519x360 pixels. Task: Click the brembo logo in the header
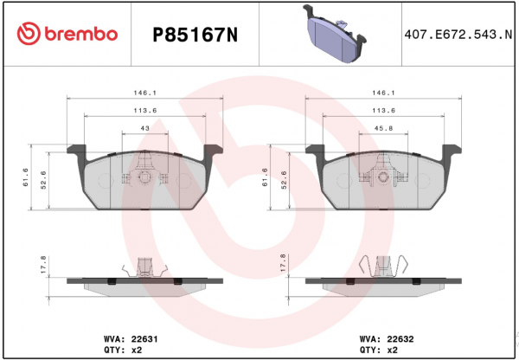67,34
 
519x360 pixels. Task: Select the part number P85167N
195,35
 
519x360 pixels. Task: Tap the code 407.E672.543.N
458,35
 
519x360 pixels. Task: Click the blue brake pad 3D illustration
335,33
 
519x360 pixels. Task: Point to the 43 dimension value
145,128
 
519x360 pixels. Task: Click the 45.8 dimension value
383,128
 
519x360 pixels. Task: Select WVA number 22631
144,339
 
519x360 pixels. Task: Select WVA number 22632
400,339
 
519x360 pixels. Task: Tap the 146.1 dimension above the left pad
145,93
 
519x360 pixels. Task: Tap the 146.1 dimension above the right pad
383,93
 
